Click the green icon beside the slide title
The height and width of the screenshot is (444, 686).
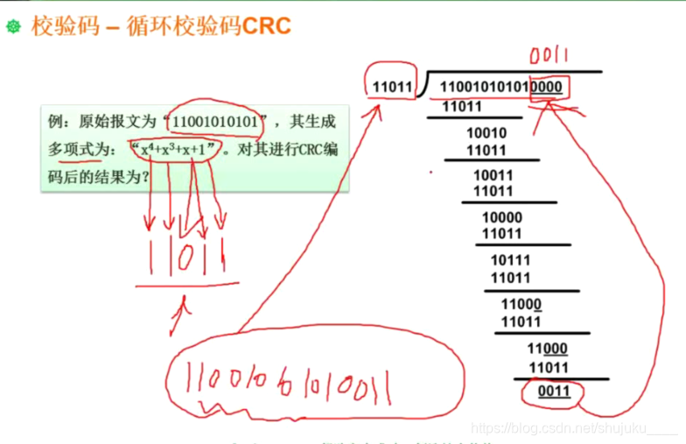click(x=12, y=27)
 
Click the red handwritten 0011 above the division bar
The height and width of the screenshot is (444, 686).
click(x=550, y=56)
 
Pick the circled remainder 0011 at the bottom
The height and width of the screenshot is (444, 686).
click(x=552, y=391)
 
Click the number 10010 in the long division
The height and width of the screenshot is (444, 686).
click(x=486, y=133)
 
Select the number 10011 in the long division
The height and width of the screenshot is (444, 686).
click(x=493, y=175)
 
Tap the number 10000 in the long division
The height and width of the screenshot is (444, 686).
click(x=501, y=217)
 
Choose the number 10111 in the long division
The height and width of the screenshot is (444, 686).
click(x=510, y=260)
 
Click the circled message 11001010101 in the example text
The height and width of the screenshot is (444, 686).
click(x=215, y=121)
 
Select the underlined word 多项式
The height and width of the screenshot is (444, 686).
click(x=73, y=150)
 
